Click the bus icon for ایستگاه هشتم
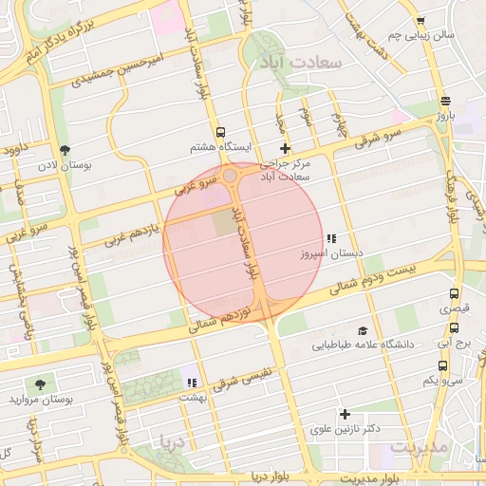pyautogui.click(x=221, y=133)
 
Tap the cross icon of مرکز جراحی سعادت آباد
pyautogui.click(x=285, y=147)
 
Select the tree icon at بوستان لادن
pyautogui.click(x=65, y=150)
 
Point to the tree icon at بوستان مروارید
pyautogui.click(x=39, y=383)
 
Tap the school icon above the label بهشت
pyautogui.click(x=192, y=383)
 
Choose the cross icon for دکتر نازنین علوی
pyautogui.click(x=345, y=414)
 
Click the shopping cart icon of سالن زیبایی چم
pyautogui.click(x=420, y=20)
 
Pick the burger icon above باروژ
pyautogui.click(x=445, y=102)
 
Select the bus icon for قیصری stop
pyautogui.click(x=454, y=294)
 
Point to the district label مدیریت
pyautogui.click(x=419, y=447)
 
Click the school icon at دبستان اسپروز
pyautogui.click(x=330, y=239)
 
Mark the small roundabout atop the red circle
pyautogui.click(x=231, y=176)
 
